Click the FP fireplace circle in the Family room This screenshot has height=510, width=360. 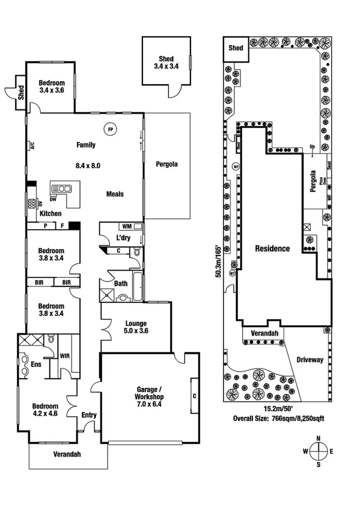click(x=109, y=129)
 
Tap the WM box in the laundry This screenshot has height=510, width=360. click(x=127, y=227)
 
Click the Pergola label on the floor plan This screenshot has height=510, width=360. click(x=166, y=164)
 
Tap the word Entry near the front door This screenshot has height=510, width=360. click(x=88, y=415)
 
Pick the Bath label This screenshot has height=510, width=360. click(x=120, y=283)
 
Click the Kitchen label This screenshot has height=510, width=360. click(x=50, y=214)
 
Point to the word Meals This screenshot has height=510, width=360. click(x=115, y=194)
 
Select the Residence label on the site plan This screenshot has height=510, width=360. click(x=272, y=248)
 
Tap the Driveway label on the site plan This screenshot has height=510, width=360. click(x=310, y=360)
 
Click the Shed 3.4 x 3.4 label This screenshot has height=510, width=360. click(x=166, y=63)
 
